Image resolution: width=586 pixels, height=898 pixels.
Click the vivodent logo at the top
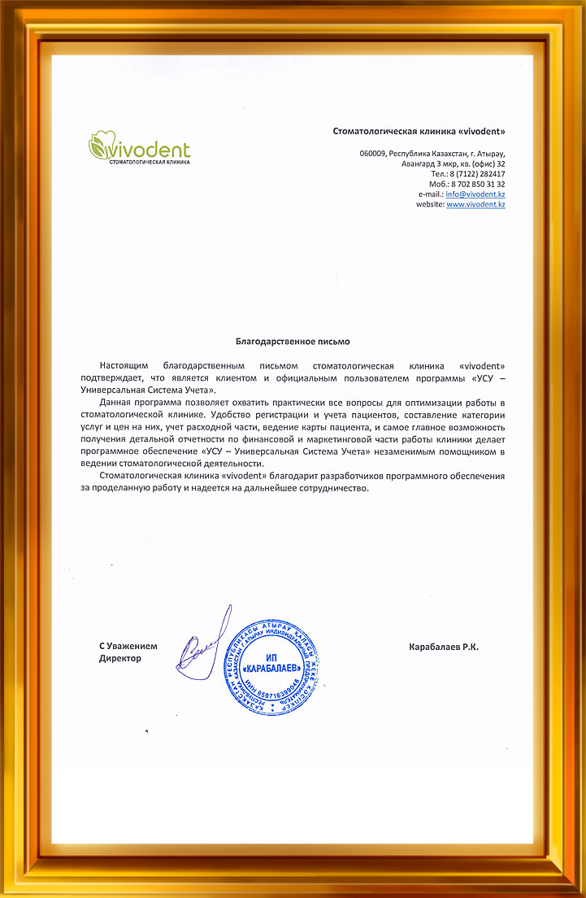[x=139, y=150]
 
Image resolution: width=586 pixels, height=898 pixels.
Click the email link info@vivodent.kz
[x=475, y=194]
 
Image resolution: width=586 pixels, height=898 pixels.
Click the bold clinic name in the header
[x=419, y=131]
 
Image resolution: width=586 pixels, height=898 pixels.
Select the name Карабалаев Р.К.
[x=444, y=647]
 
